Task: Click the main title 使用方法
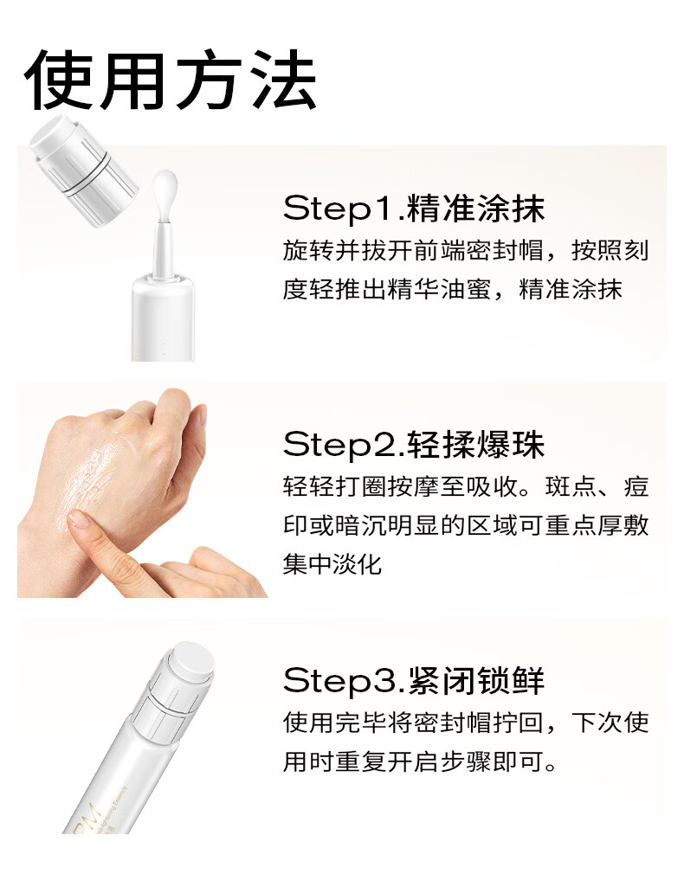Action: click(171, 80)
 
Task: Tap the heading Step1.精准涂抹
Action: click(414, 208)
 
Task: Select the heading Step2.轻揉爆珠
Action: click(414, 444)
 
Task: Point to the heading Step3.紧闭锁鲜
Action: click(414, 680)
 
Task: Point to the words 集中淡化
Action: click(332, 565)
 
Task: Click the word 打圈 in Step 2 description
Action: click(361, 487)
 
